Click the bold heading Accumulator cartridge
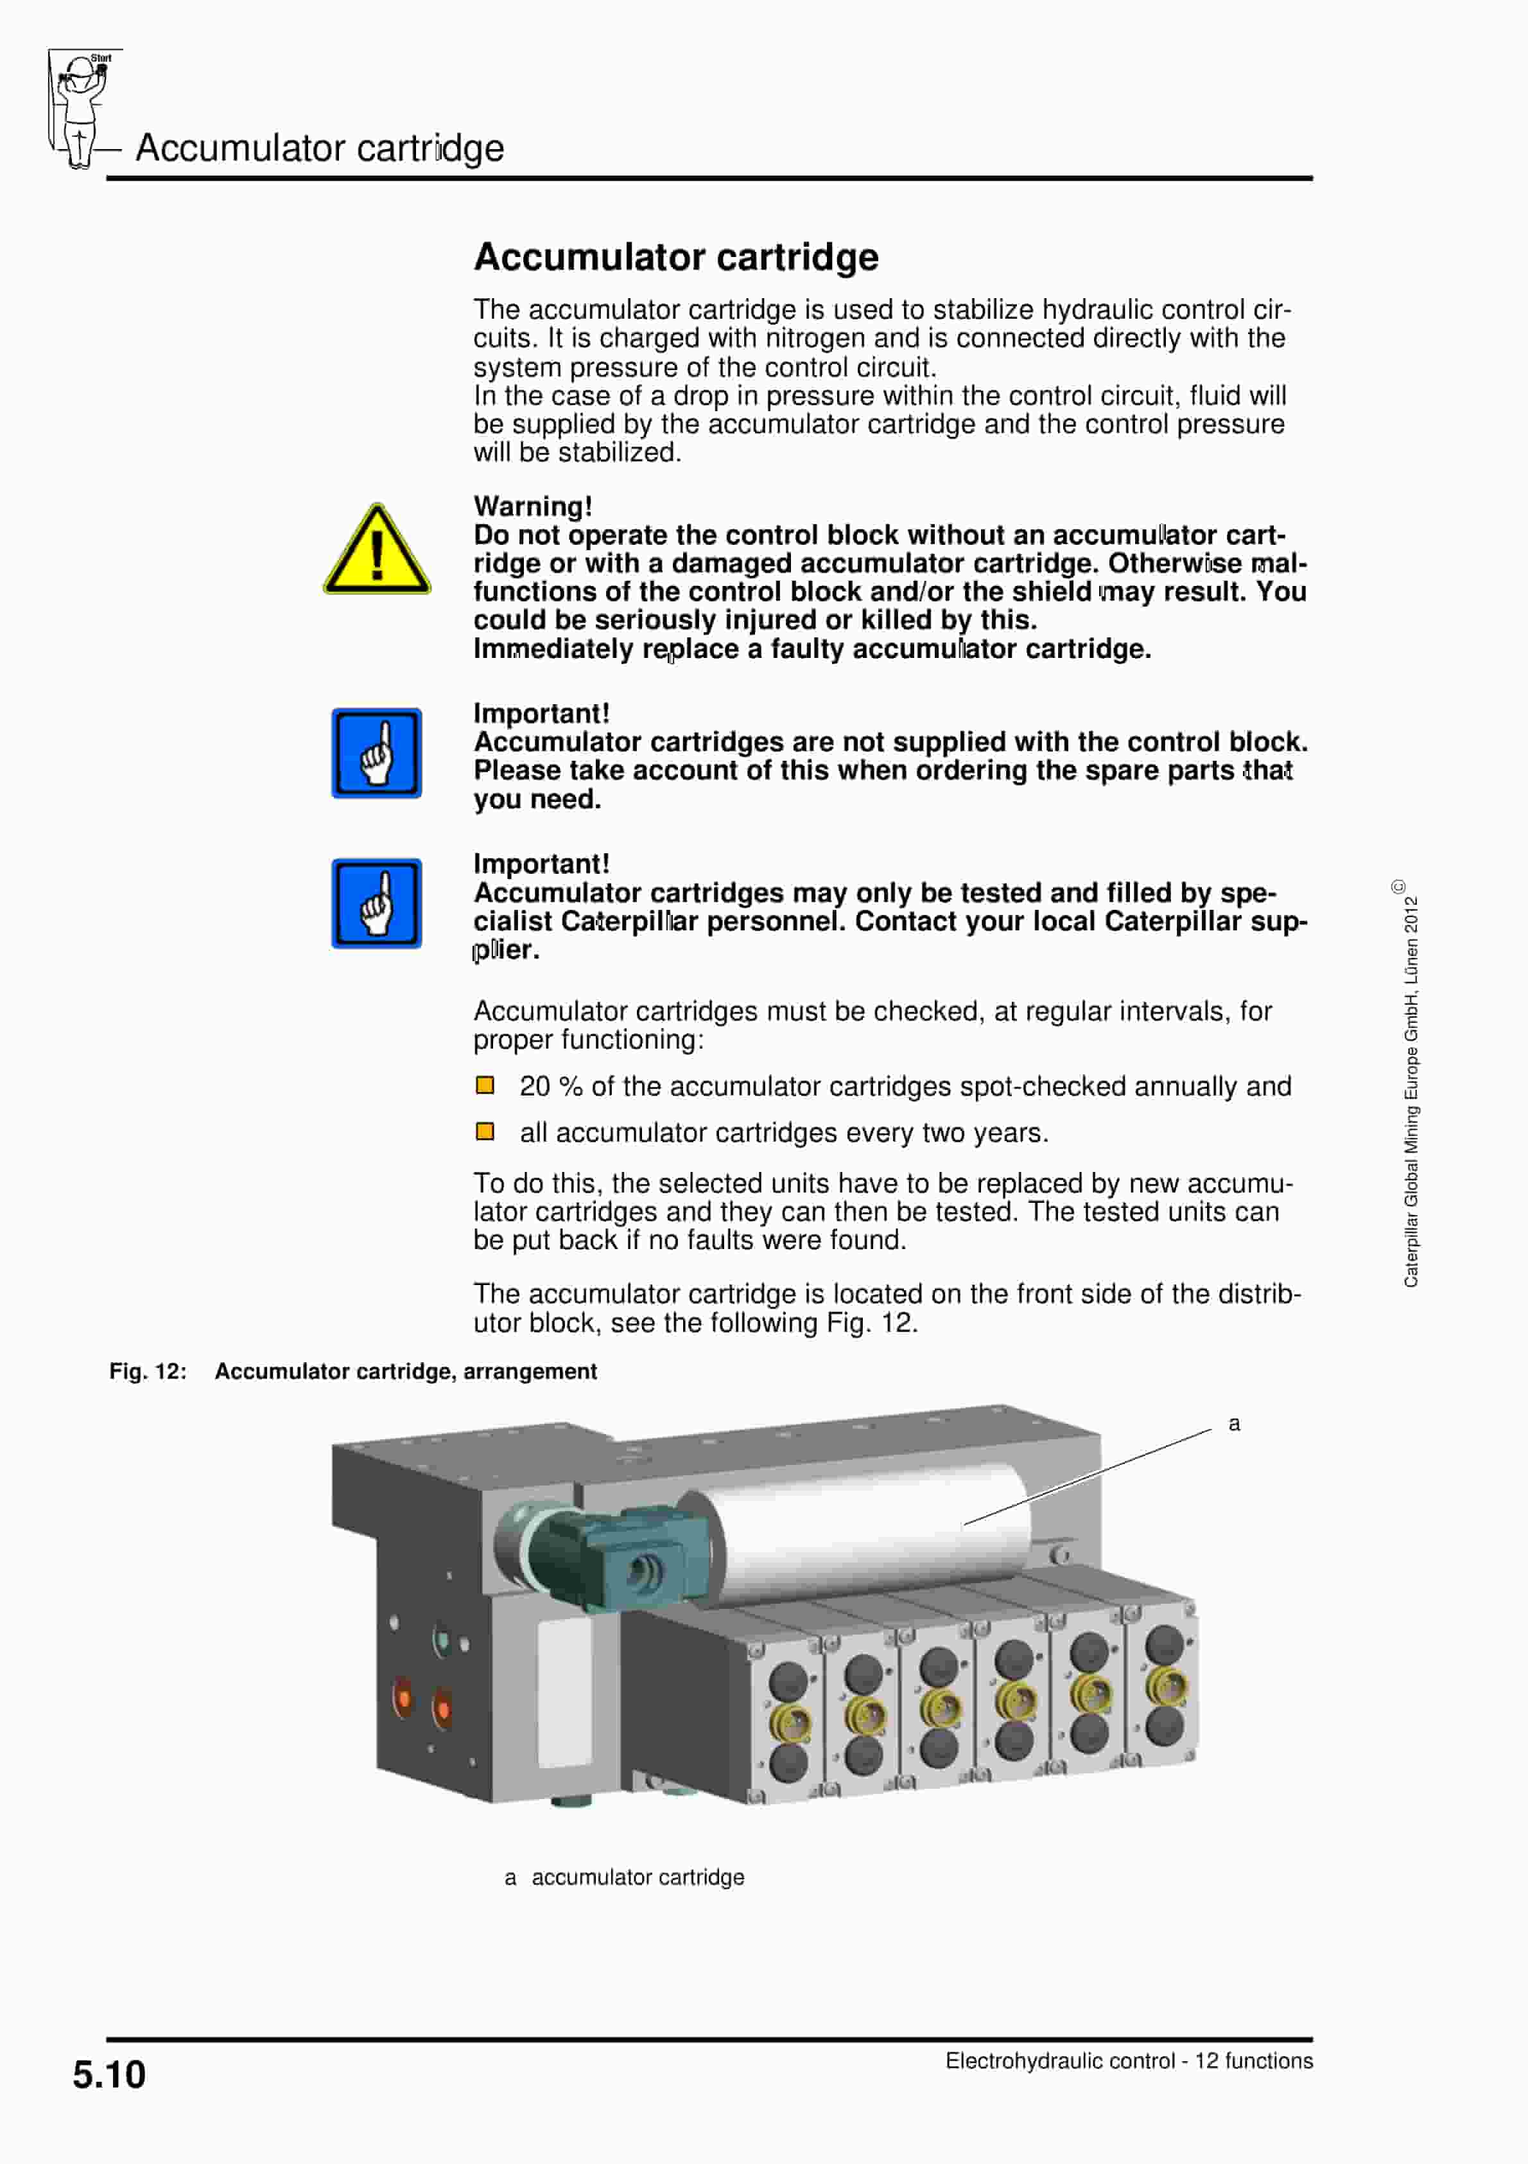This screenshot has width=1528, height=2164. [x=675, y=257]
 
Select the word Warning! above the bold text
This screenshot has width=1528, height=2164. [x=532, y=506]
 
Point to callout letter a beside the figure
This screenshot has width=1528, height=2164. [x=1233, y=1424]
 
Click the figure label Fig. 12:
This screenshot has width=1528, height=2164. [x=148, y=1371]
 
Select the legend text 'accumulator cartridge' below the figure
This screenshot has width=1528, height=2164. [x=638, y=1877]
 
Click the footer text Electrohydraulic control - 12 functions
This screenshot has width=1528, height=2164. [x=1129, y=2061]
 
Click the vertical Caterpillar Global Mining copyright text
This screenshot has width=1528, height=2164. [x=1411, y=1088]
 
